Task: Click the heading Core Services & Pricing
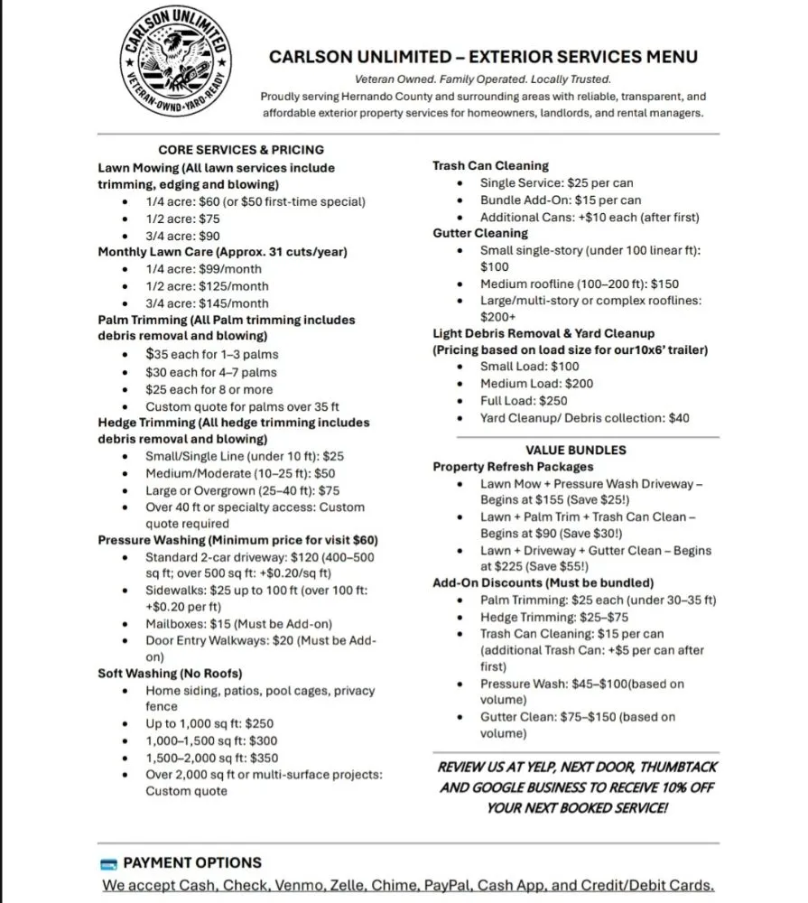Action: pyautogui.click(x=241, y=150)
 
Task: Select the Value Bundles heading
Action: pyautogui.click(x=575, y=450)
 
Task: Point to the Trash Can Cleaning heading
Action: pyautogui.click(x=490, y=166)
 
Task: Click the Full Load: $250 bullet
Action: pyautogui.click(x=524, y=400)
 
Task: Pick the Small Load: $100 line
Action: pyautogui.click(x=529, y=367)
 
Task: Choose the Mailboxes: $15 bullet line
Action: pyautogui.click(x=238, y=624)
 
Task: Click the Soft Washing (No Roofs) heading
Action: pyautogui.click(x=170, y=674)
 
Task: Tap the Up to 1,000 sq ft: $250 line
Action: pyautogui.click(x=209, y=724)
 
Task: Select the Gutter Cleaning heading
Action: pyautogui.click(x=480, y=233)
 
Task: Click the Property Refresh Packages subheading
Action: pyautogui.click(x=513, y=467)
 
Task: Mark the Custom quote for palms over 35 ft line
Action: pyautogui.click(x=242, y=406)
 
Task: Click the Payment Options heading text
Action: pyautogui.click(x=192, y=862)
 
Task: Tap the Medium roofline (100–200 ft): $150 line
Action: pyautogui.click(x=580, y=284)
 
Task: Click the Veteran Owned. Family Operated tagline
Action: pyautogui.click(x=483, y=79)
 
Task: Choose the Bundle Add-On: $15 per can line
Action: pyautogui.click(x=561, y=200)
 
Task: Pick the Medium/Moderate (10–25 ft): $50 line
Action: pyautogui.click(x=240, y=473)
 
